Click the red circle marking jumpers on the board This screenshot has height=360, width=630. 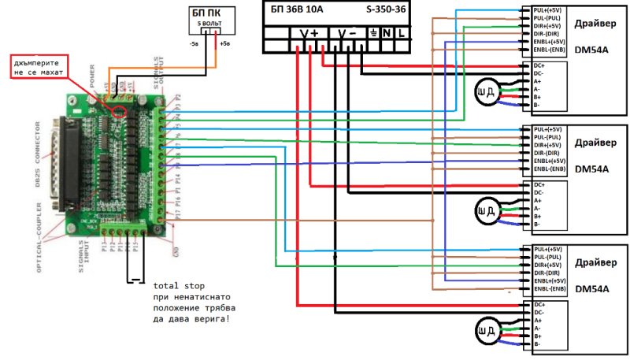point(120,109)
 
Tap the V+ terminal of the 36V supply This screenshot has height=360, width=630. point(309,35)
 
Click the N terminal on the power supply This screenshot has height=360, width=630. point(387,35)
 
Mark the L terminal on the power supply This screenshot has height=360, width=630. point(402,35)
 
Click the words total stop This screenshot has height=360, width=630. point(179,285)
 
